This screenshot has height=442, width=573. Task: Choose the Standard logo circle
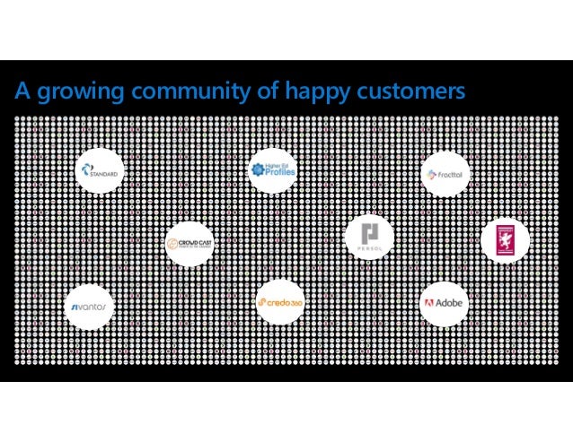[x=100, y=172]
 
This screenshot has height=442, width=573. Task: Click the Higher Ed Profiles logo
[x=272, y=170]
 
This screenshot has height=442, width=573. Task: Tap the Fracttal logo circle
[x=443, y=173]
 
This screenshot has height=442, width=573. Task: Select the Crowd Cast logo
[x=189, y=242]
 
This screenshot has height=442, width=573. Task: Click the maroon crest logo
[x=507, y=238]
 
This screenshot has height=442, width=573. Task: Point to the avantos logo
[x=90, y=307]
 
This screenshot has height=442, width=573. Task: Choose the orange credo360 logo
[x=279, y=303]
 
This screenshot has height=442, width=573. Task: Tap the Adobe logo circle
[x=443, y=303]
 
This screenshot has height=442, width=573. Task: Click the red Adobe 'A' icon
[x=429, y=303]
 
